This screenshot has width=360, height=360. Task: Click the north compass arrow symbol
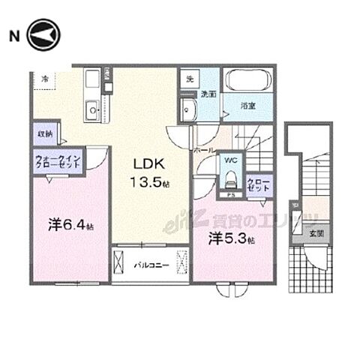pos(42,34)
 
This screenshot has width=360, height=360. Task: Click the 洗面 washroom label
pos(208,94)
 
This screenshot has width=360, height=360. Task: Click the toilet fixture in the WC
pos(230,180)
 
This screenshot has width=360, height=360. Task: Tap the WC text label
pos(231,159)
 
